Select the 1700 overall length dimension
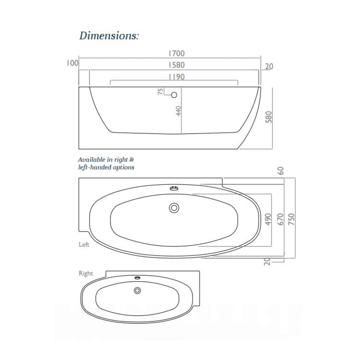(176, 53)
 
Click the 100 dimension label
(72, 63)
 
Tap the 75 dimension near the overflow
(160, 92)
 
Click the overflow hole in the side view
(174, 95)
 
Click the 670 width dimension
(280, 219)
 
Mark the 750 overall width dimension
(292, 219)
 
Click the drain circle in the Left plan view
(174, 208)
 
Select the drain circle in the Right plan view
(137, 291)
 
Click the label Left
(84, 245)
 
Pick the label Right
(86, 273)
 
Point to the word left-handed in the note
(95, 167)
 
